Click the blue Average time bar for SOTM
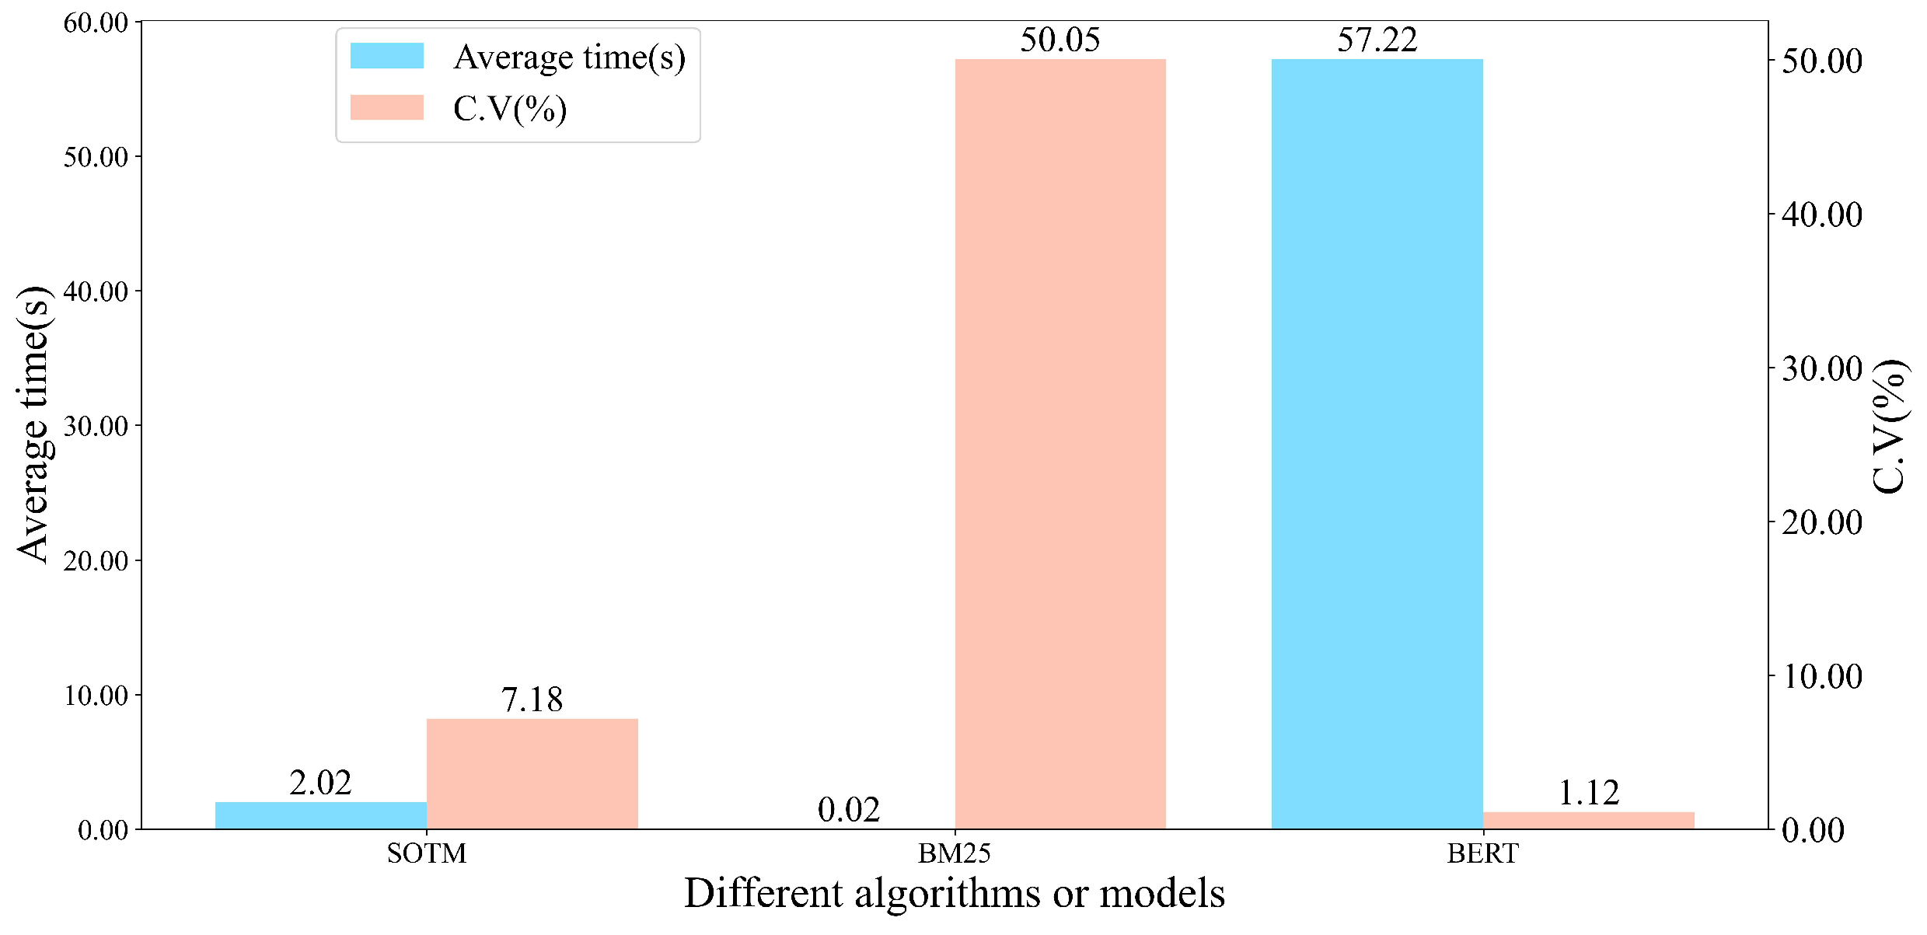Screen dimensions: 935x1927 point(320,815)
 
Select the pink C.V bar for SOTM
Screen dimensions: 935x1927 point(532,773)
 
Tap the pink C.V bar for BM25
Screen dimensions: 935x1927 point(1060,443)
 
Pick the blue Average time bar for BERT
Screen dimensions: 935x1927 point(1377,443)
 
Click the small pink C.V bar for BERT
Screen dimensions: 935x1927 point(1588,820)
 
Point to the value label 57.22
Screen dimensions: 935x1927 point(1377,40)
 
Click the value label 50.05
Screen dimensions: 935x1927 point(1060,40)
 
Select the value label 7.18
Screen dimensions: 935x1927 point(532,700)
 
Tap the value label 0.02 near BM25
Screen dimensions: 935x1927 point(848,810)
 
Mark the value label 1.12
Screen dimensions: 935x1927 point(1588,793)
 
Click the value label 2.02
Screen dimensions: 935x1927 point(320,783)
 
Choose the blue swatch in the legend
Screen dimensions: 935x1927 point(386,56)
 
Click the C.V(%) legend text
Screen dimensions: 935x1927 point(510,109)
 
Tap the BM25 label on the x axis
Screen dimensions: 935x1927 point(954,853)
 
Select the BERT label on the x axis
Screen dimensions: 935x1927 point(1482,853)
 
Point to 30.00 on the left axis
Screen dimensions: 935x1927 point(96,426)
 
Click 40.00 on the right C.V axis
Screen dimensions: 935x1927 point(1821,215)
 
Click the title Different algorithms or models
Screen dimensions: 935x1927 point(954,894)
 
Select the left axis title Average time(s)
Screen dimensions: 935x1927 point(34,424)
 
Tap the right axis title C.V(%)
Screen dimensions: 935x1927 point(1889,426)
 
